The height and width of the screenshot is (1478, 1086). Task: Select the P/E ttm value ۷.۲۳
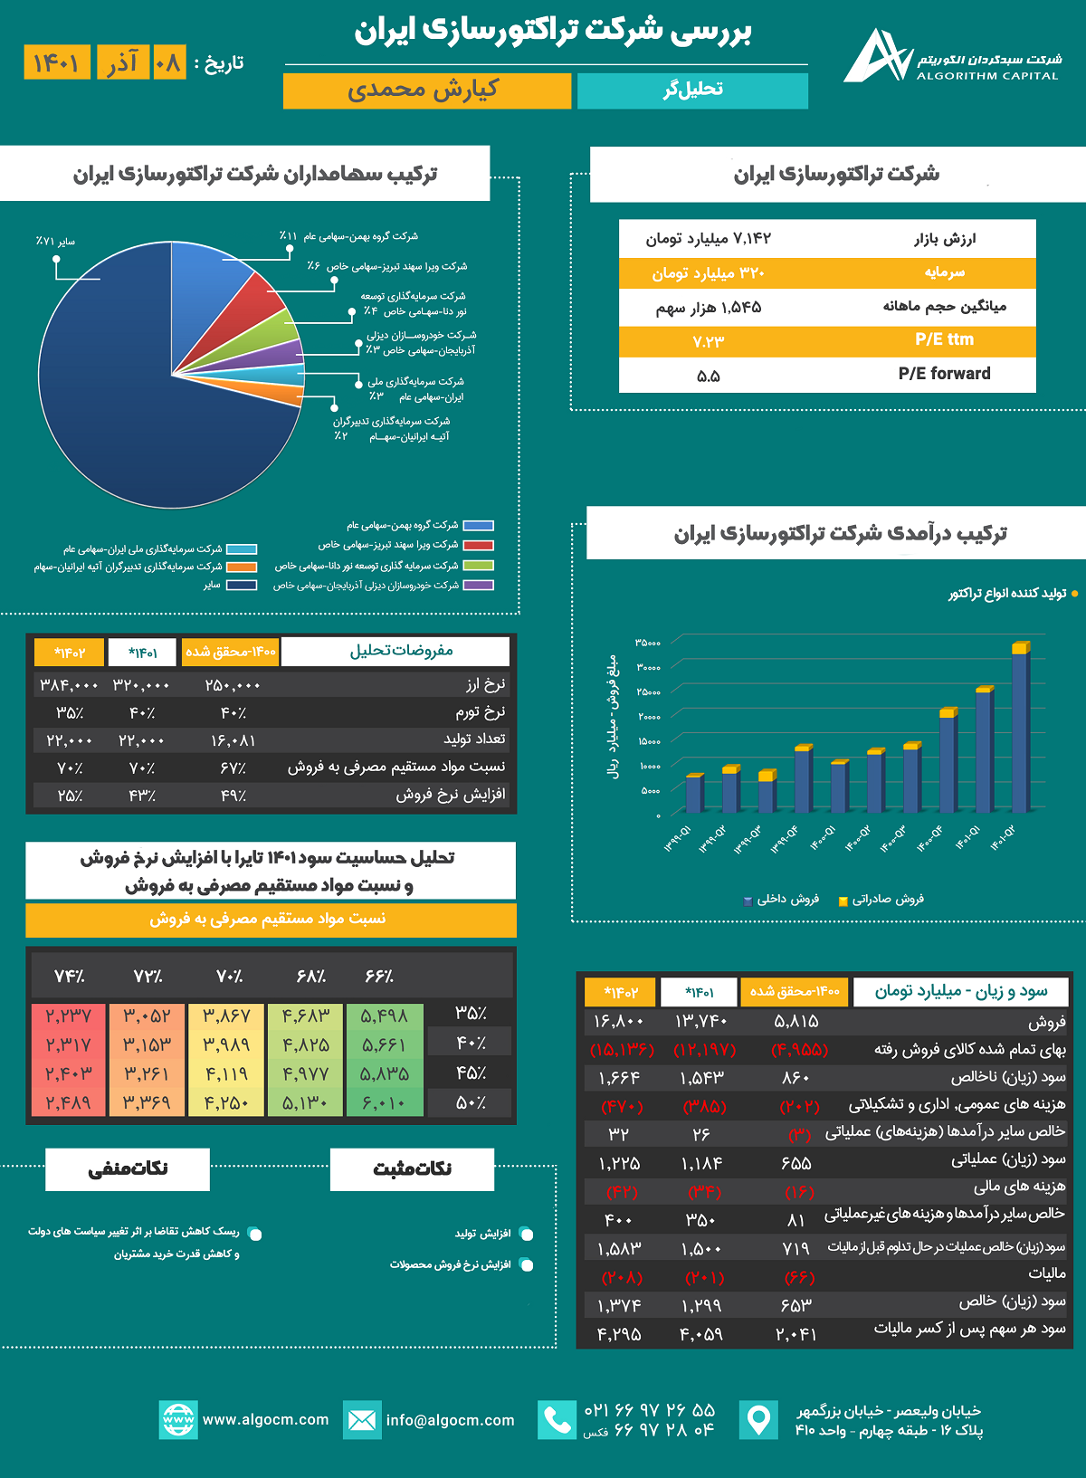tap(708, 341)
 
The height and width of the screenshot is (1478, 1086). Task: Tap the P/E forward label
tap(944, 374)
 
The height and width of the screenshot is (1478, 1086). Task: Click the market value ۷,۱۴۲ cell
tap(708, 239)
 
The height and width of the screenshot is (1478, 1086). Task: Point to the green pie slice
tap(271, 330)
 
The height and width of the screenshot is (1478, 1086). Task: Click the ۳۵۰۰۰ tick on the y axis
tap(647, 643)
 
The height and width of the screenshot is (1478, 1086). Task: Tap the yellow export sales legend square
tap(843, 901)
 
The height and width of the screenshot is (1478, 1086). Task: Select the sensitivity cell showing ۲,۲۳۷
tap(69, 1016)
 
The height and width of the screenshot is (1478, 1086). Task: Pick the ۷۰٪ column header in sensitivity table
tap(229, 977)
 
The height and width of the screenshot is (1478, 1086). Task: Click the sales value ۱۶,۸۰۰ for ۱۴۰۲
tap(619, 1022)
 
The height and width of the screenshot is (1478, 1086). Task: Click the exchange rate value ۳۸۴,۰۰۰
tap(69, 685)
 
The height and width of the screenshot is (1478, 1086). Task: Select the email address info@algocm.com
tap(450, 1420)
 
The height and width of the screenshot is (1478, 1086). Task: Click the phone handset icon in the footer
tap(557, 1420)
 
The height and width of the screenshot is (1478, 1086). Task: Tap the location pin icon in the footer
tap(758, 1419)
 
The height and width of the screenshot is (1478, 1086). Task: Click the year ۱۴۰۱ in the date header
tap(56, 62)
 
